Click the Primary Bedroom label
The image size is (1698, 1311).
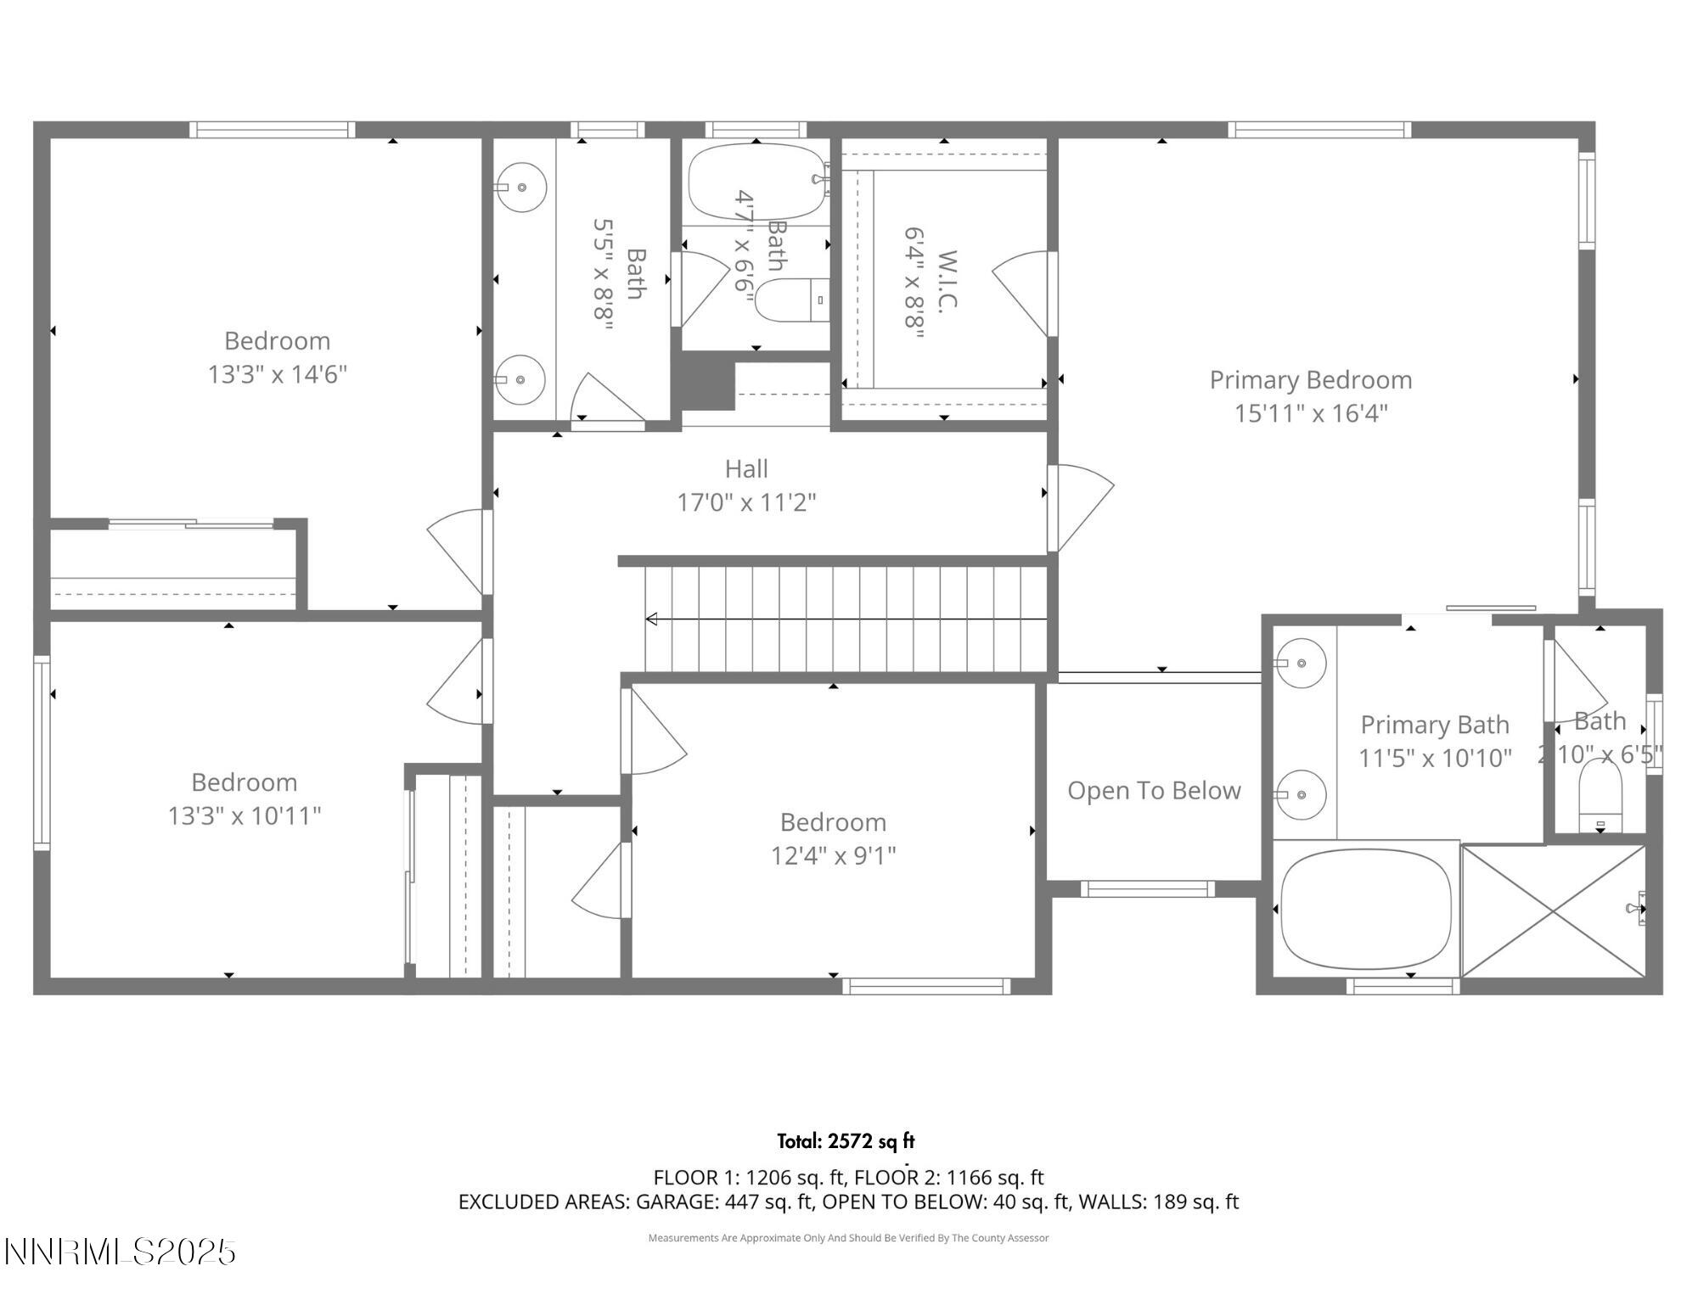[x=1310, y=380]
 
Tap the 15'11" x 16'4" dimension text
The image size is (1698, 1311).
[x=1310, y=413]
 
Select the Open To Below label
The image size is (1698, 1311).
[x=1153, y=791]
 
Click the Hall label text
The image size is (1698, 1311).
[x=746, y=468]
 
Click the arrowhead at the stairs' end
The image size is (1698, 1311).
[x=652, y=619]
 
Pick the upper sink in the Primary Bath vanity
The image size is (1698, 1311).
[x=1302, y=663]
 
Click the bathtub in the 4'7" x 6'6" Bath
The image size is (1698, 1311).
[x=756, y=182]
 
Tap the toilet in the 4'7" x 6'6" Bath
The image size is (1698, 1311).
[x=790, y=300]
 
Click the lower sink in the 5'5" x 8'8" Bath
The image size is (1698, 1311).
[x=519, y=379]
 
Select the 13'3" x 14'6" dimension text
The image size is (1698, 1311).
[x=278, y=374]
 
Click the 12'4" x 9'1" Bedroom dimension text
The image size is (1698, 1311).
[x=833, y=855]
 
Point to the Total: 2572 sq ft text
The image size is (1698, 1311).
[x=846, y=1141]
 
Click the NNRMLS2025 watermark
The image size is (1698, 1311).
[x=120, y=1252]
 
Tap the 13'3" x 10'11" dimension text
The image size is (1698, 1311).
[x=245, y=815]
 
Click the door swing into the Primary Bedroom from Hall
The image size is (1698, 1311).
[x=1082, y=507]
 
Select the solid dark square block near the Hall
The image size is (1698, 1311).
[x=703, y=381]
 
